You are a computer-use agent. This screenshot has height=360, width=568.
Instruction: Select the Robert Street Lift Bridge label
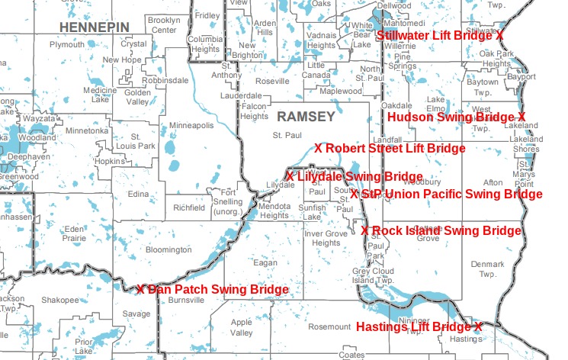[389, 148]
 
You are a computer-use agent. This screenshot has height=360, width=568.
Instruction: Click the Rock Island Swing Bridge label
[441, 230]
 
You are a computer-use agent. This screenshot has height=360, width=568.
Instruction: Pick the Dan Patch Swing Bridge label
[213, 290]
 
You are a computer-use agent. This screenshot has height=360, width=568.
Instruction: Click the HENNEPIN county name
[94, 27]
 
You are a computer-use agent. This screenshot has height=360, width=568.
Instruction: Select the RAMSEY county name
[306, 117]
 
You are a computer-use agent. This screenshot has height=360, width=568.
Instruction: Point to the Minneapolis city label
[190, 125]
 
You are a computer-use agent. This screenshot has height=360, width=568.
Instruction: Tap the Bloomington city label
[168, 249]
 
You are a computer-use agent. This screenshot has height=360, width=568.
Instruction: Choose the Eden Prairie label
[75, 233]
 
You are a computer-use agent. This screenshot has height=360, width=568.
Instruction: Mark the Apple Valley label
[241, 328]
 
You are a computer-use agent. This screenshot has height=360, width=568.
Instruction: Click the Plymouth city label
[67, 45]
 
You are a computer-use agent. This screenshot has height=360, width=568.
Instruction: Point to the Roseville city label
[273, 81]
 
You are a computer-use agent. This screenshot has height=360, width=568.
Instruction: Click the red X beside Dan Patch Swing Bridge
[141, 290]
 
